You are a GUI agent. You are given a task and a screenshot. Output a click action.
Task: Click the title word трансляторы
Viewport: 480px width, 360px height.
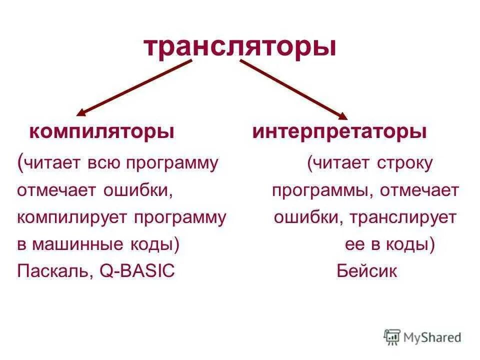[239, 46]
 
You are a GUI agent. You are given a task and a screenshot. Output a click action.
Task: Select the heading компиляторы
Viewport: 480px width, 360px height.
[102, 132]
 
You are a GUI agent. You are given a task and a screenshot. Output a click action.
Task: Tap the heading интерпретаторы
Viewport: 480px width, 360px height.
[339, 132]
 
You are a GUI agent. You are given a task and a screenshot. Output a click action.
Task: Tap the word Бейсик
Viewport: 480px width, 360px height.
[367, 271]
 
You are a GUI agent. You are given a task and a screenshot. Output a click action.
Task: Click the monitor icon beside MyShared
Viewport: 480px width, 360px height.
[393, 337]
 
